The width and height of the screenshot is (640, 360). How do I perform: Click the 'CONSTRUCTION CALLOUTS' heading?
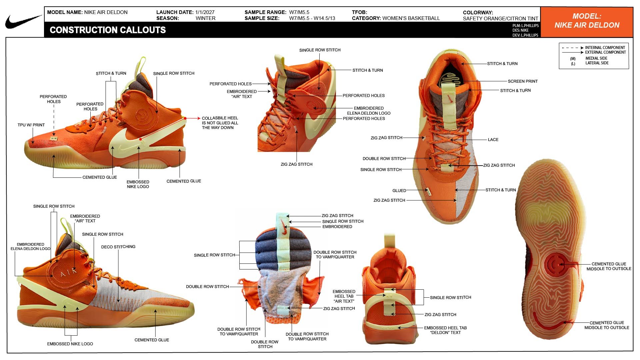point(108,30)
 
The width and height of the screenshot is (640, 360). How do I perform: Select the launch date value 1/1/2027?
point(205,12)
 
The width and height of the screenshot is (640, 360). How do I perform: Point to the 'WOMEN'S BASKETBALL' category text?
point(411,18)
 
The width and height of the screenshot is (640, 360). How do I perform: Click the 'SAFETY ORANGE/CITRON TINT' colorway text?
point(501,19)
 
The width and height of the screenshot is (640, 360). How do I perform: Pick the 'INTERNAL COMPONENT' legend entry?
point(605,48)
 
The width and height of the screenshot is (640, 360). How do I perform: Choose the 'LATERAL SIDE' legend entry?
point(597,63)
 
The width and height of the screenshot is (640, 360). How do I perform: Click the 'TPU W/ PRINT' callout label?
point(31,125)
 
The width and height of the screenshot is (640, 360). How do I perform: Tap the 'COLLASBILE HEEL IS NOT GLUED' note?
point(220,123)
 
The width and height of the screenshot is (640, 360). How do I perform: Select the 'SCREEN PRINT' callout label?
point(523,81)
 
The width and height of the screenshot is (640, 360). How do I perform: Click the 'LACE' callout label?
point(493,140)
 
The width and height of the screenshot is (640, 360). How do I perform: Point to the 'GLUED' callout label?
point(399,191)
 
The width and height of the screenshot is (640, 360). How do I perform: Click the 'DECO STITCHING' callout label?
point(118,247)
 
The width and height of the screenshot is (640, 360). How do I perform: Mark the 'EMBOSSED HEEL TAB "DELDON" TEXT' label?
point(445,330)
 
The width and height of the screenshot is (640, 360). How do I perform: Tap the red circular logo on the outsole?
point(555,265)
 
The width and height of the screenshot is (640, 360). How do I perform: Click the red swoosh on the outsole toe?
point(547,323)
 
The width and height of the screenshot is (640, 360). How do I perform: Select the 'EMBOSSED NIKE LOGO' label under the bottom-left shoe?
point(70,344)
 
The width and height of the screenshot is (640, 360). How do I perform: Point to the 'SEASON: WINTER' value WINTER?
point(205,18)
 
